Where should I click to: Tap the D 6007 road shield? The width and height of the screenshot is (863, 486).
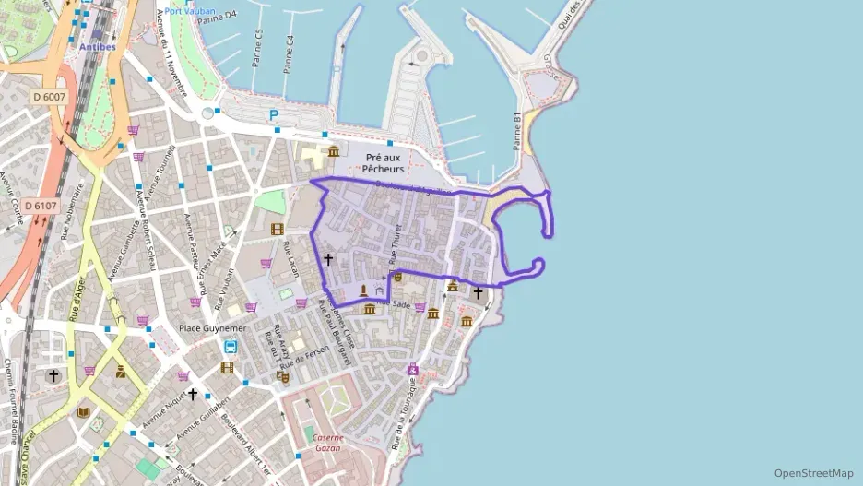point(49,96)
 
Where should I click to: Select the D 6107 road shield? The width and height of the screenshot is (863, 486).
point(41,205)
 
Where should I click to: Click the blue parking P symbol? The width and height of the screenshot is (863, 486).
point(273,115)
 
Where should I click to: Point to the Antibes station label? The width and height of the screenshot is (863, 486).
point(98,45)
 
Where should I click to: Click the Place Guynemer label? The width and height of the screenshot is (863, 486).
point(212,328)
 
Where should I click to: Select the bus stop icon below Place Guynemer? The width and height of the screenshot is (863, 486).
point(230,348)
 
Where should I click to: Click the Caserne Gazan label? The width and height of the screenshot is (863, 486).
point(327,443)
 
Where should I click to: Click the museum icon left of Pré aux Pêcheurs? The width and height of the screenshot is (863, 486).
point(333,151)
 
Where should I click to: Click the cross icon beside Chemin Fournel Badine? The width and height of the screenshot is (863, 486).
point(53,375)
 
